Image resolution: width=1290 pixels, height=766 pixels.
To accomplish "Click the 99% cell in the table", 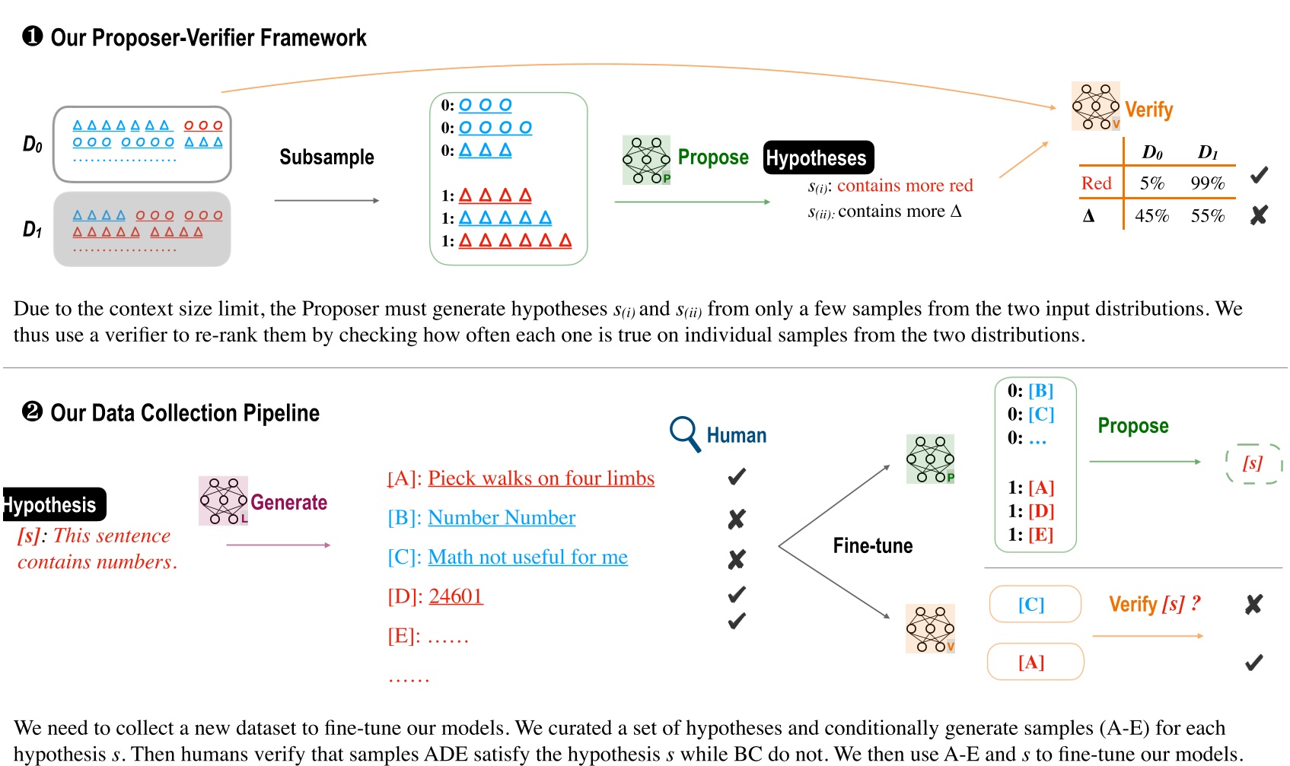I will [1208, 183].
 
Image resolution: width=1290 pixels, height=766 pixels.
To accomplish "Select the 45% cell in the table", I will [1151, 216].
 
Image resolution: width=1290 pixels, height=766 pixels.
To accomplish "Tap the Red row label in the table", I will [1096, 183].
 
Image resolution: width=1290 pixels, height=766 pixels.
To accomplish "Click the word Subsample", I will [326, 157].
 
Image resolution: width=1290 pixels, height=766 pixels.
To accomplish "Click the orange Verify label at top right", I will [1148, 110].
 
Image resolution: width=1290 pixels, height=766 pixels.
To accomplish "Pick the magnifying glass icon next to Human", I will [684, 434].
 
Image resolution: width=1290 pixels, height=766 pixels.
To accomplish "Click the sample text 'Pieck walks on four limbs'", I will [540, 478].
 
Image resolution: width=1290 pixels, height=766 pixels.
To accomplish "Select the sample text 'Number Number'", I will [501, 518].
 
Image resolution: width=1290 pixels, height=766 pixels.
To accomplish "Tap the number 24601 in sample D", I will [455, 596].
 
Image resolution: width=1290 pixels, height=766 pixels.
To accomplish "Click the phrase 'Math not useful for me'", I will [527, 558].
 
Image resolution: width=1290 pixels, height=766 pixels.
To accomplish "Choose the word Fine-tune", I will [872, 545].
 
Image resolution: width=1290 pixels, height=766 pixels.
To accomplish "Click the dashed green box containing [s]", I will [1253, 463].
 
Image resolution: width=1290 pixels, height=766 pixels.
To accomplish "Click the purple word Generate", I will [288, 502].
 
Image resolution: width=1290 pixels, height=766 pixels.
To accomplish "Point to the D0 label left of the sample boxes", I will [32, 145].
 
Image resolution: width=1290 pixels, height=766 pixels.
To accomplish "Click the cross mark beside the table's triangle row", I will [1259, 215].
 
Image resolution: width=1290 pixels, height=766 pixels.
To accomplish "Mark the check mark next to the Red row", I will [1259, 175].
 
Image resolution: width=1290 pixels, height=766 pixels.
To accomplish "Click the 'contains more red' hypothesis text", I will [904, 186].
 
